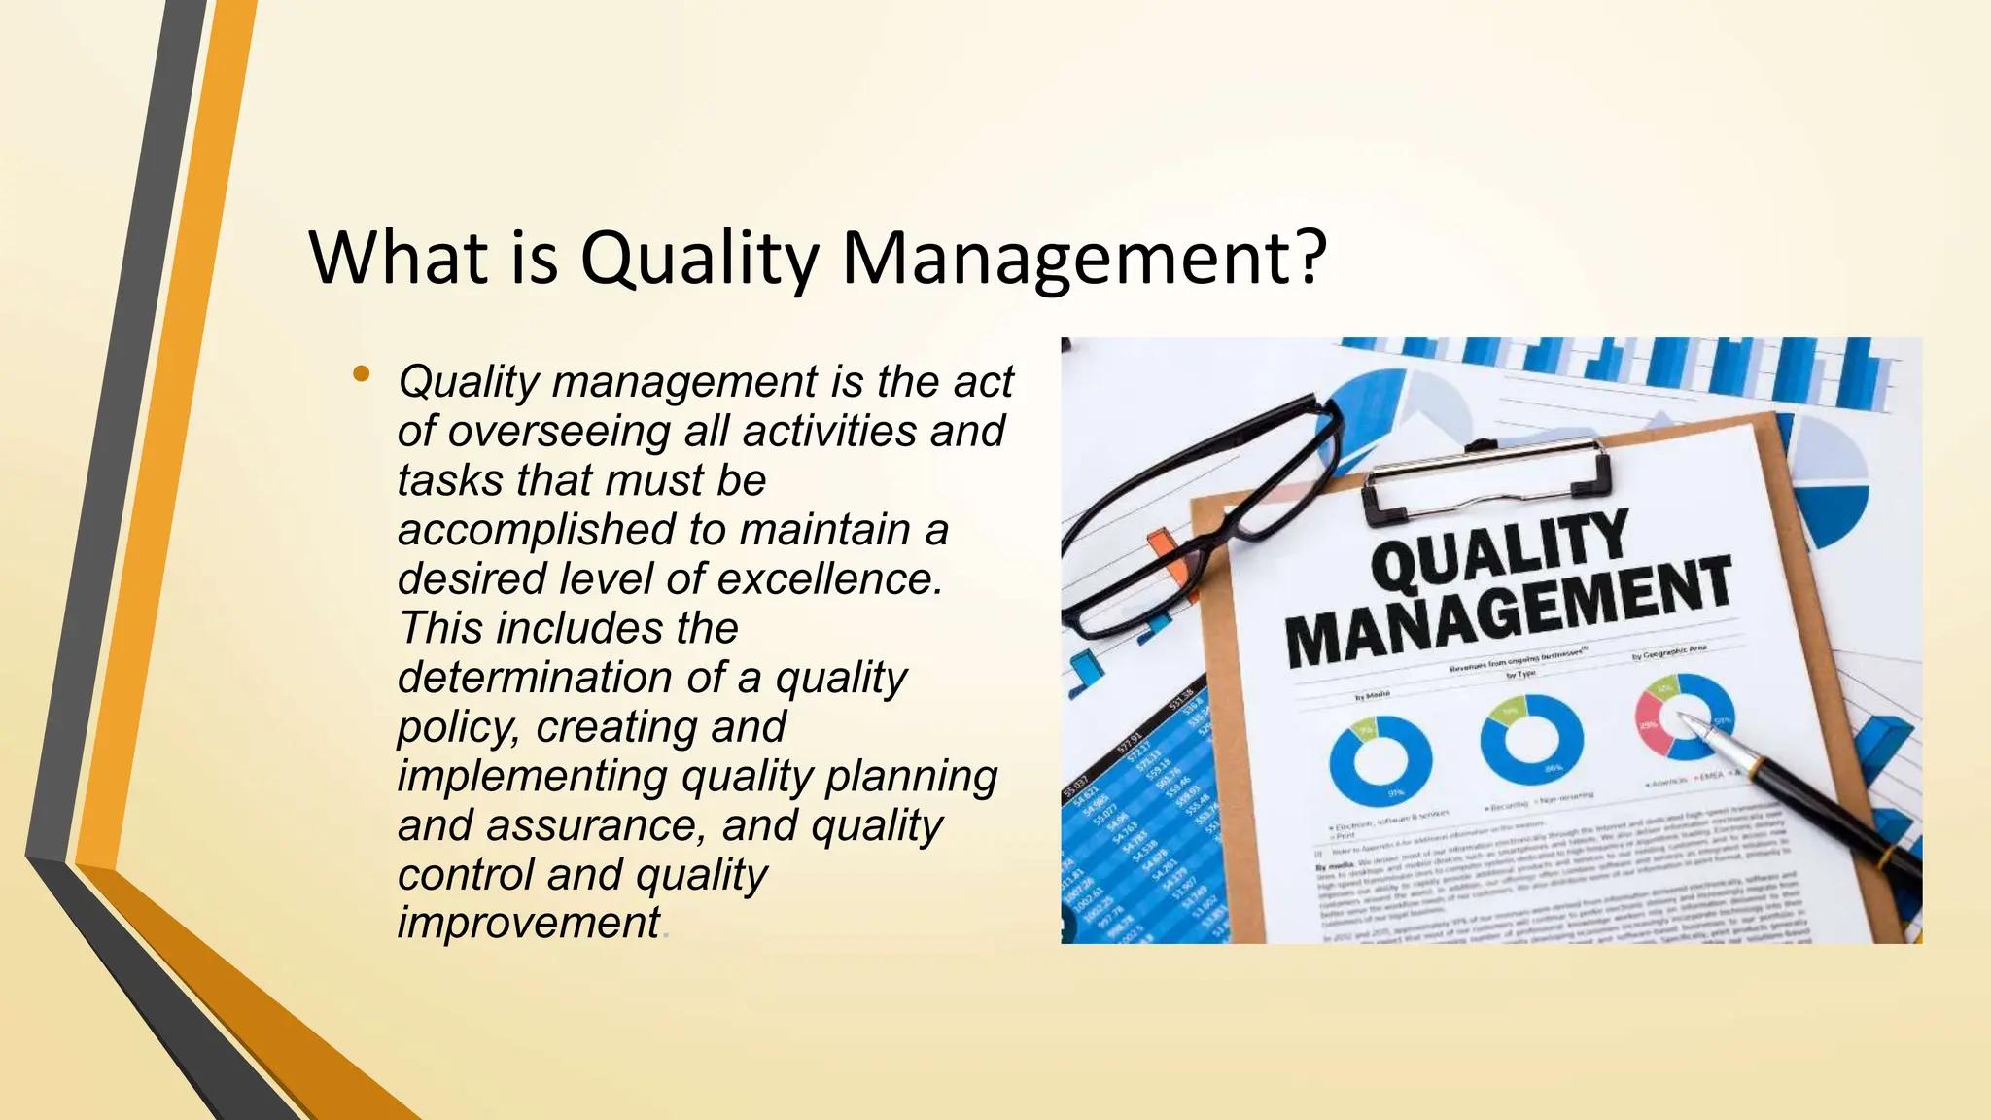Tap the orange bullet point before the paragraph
point(362,373)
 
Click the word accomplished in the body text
point(536,530)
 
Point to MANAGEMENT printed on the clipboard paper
point(1508,613)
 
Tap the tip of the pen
point(1683,718)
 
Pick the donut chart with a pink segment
point(1685,717)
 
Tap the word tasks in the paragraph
point(450,480)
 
